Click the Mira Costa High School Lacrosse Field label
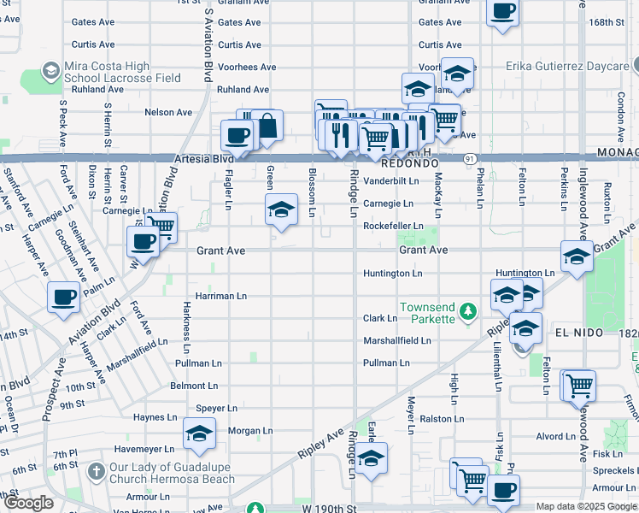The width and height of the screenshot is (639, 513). point(111,72)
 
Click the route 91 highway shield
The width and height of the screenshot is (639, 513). point(471,159)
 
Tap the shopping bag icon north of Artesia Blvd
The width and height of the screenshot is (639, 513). point(267,127)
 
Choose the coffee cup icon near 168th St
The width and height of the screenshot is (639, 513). point(502,12)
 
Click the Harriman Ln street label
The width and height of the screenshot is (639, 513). point(220,296)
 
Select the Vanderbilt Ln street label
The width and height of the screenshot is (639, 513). point(391,181)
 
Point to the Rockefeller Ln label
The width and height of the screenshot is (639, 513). point(393,226)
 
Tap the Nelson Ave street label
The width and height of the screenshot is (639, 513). point(168,112)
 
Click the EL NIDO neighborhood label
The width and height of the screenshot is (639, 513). point(580,332)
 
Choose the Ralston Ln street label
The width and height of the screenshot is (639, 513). point(441,419)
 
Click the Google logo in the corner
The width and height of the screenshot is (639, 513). point(28,504)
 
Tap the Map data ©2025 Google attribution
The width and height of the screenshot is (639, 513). point(586,507)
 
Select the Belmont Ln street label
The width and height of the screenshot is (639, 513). point(194,386)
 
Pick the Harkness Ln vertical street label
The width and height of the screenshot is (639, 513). point(185,326)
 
